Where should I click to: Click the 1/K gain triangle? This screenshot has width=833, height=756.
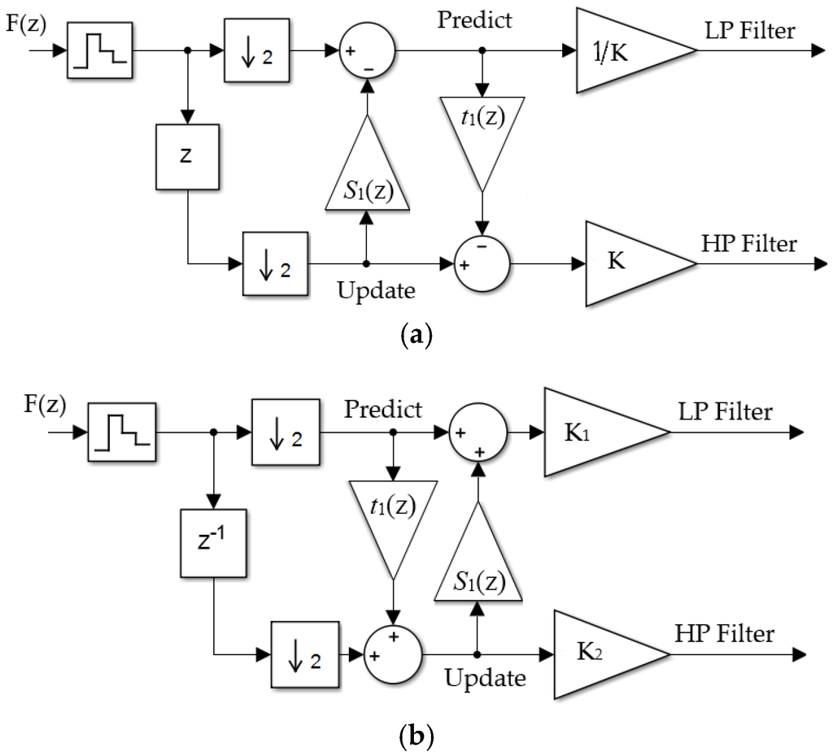tap(622, 51)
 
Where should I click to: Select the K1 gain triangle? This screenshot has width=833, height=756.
tap(594, 432)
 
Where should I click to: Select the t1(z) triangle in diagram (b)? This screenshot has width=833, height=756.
tap(394, 513)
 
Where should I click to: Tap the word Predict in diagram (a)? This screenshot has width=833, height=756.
tap(475, 20)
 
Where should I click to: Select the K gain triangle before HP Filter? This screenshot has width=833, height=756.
tap(630, 265)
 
